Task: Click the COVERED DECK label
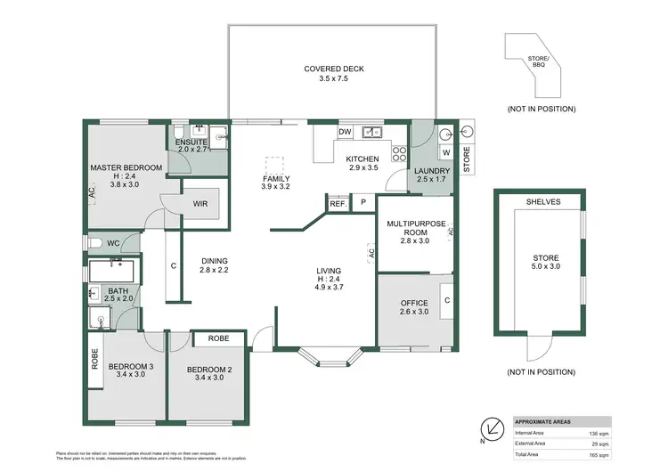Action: [x=330, y=69]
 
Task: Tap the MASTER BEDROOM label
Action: [x=126, y=167]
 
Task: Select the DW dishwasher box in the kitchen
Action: [x=344, y=133]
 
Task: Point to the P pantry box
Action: [x=363, y=203]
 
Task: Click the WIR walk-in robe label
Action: [x=201, y=204]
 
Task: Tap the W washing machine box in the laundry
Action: [x=444, y=151]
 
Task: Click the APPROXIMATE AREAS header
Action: [x=543, y=422]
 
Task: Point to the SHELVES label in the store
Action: [x=543, y=202]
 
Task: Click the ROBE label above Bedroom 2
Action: [x=219, y=338]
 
